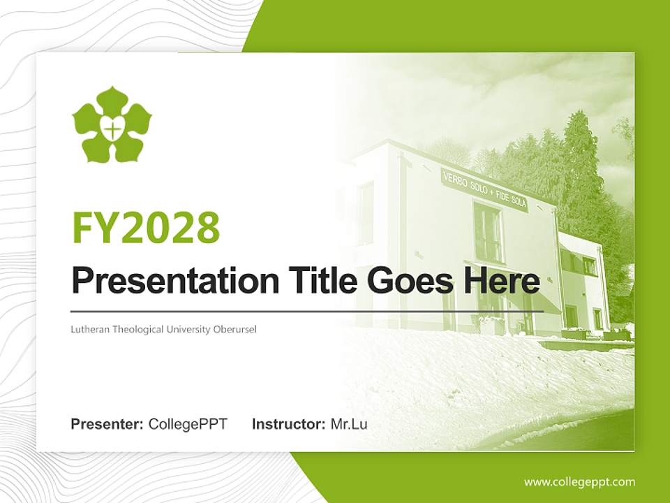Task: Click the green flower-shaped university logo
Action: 112,125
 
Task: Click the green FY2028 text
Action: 146,228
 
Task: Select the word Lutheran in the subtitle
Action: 88,328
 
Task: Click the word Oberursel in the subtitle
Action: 235,328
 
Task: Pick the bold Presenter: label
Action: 107,424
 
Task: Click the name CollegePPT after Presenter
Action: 188,424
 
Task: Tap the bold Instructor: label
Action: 288,424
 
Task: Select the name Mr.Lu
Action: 348,424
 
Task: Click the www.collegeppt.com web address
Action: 579,482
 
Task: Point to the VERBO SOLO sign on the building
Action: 485,189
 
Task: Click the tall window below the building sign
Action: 488,233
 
